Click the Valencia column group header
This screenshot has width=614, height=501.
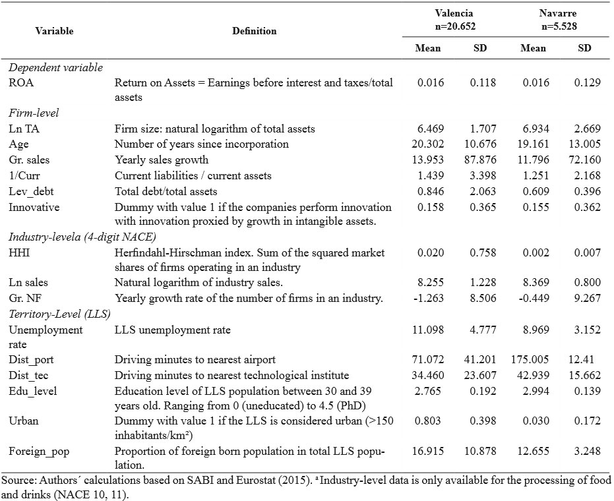(x=455, y=20)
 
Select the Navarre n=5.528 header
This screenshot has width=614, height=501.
(x=559, y=20)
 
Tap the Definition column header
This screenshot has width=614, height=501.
(x=254, y=31)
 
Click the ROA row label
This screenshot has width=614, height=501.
(x=21, y=82)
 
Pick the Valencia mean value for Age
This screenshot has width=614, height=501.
(x=427, y=144)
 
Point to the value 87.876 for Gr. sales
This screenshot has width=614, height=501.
(x=480, y=160)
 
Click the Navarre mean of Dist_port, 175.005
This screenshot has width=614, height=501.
(x=530, y=359)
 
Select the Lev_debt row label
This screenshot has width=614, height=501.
(x=31, y=191)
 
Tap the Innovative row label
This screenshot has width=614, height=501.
(x=34, y=207)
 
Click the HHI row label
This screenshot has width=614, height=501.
(x=19, y=253)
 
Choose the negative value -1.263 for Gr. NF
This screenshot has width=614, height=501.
(x=429, y=298)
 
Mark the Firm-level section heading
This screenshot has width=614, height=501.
(x=34, y=113)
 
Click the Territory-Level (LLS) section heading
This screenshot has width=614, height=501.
(x=59, y=314)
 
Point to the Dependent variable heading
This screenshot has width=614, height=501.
(x=55, y=68)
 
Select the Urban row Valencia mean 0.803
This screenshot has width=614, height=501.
(x=427, y=421)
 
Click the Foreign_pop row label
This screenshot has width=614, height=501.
(x=39, y=452)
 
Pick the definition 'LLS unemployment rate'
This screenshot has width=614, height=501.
(x=172, y=330)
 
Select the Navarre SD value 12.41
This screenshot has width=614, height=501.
(x=581, y=359)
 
